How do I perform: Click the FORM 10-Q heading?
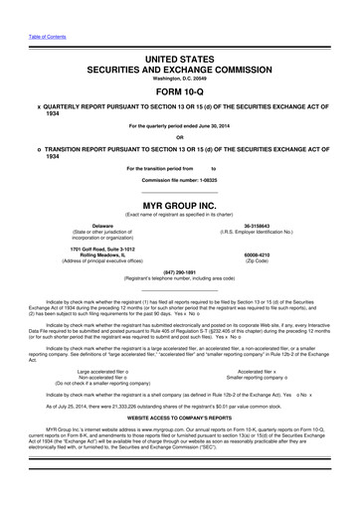click(179, 89)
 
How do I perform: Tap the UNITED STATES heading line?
click(179, 60)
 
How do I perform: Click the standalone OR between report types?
click(179, 137)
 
